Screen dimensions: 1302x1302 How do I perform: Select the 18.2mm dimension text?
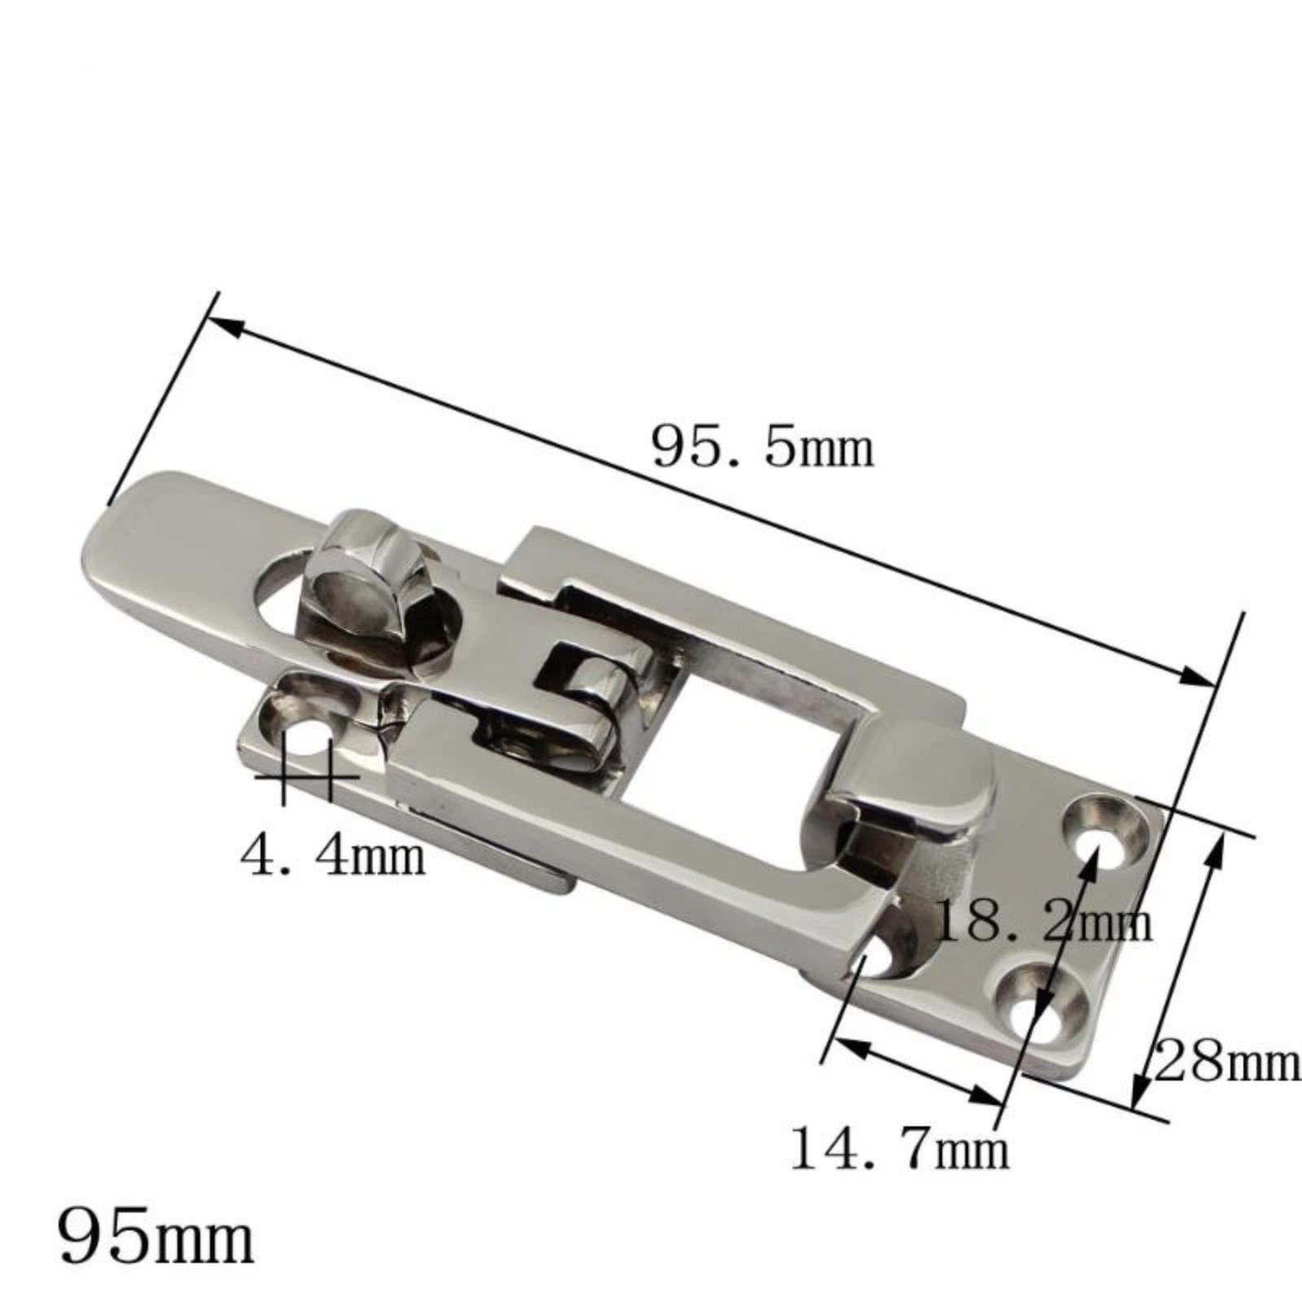pyautogui.click(x=1045, y=922)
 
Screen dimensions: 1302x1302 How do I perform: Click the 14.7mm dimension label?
pyautogui.click(x=900, y=1149)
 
